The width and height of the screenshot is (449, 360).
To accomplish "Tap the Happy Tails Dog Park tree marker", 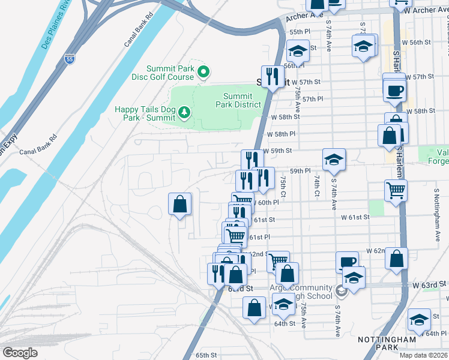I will [184, 112].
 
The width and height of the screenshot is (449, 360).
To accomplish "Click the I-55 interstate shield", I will [69, 59].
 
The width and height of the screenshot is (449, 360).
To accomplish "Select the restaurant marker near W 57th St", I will [273, 75].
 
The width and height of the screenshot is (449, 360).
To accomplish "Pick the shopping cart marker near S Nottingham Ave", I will [396, 191].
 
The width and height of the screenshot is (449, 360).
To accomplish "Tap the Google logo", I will [19, 353].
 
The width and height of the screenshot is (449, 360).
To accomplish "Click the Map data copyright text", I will [423, 355].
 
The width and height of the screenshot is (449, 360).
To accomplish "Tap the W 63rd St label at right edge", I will [430, 283].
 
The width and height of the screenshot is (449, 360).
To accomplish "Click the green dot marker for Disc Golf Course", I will [203, 73].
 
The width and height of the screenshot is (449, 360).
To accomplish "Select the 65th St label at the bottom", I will [205, 355].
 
